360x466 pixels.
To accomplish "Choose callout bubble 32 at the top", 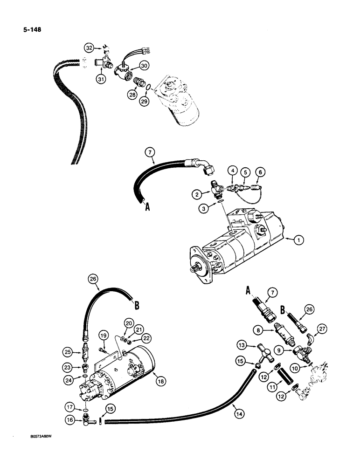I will [x=89, y=48].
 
